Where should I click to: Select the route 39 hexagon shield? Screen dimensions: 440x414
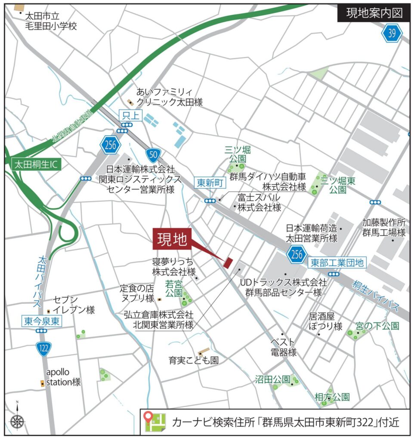(391, 34)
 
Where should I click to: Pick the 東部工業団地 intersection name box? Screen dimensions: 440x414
(337, 262)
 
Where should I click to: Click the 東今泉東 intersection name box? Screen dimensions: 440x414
(41, 321)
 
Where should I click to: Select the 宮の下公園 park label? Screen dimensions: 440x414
(377, 326)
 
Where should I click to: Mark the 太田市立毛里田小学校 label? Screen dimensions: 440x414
(50, 21)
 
